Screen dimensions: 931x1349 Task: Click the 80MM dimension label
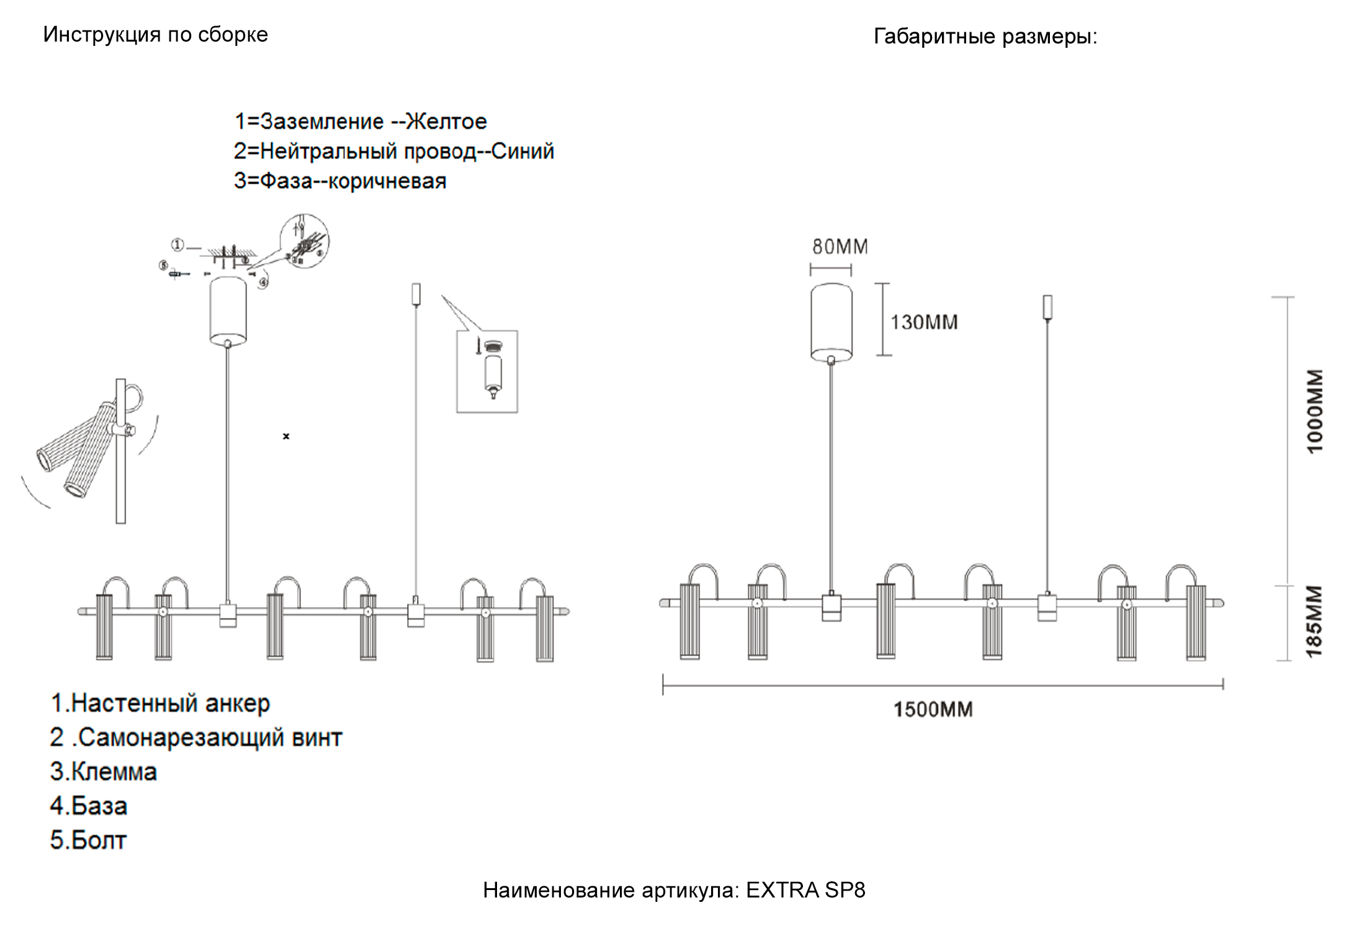click(x=840, y=246)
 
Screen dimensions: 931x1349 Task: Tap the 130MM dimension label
click(x=924, y=322)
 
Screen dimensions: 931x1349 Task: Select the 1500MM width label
click(x=933, y=709)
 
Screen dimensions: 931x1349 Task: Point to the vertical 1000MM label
click(x=1314, y=411)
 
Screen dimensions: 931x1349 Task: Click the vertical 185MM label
click(x=1314, y=621)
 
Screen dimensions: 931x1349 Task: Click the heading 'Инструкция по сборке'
click(x=155, y=34)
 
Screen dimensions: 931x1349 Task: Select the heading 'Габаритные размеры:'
click(x=985, y=36)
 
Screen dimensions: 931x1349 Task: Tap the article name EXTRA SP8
click(x=805, y=890)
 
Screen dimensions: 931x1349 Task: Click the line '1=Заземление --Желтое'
click(x=360, y=121)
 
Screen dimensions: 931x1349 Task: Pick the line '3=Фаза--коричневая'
click(x=340, y=181)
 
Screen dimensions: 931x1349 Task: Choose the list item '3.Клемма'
click(x=103, y=771)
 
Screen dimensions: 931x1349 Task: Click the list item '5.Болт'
click(x=88, y=840)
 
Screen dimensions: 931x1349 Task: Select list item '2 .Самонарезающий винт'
click(x=195, y=737)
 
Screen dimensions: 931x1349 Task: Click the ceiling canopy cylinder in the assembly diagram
click(x=228, y=310)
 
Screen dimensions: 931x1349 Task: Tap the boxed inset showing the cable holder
click(x=487, y=371)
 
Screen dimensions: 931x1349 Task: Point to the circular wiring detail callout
click(x=304, y=241)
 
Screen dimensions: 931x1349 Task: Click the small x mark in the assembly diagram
click(x=286, y=436)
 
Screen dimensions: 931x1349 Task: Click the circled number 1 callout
click(x=177, y=245)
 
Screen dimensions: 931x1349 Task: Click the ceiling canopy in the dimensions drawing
click(x=831, y=322)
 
